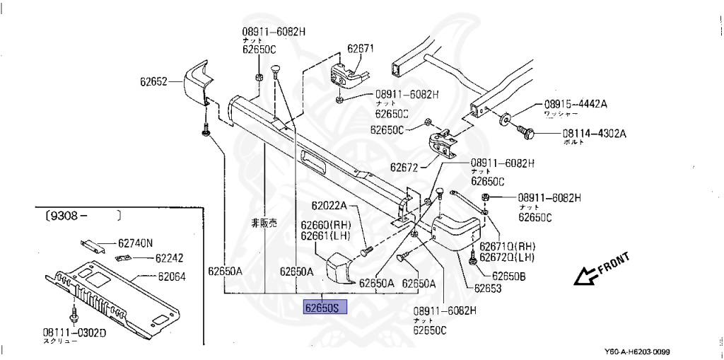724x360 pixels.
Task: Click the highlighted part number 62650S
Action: [x=325, y=308]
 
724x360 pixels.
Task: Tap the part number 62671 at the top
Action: [x=361, y=50]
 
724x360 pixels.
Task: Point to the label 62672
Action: [x=404, y=168]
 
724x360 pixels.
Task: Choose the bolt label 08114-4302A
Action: [x=595, y=132]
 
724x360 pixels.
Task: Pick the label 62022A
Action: [x=329, y=206]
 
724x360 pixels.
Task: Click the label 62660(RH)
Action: [x=325, y=226]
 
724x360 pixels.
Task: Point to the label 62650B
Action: [x=508, y=276]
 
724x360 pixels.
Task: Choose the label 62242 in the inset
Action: [x=169, y=258]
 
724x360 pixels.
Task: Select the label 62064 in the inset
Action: [x=171, y=277]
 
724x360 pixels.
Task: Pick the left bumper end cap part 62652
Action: [x=197, y=83]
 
